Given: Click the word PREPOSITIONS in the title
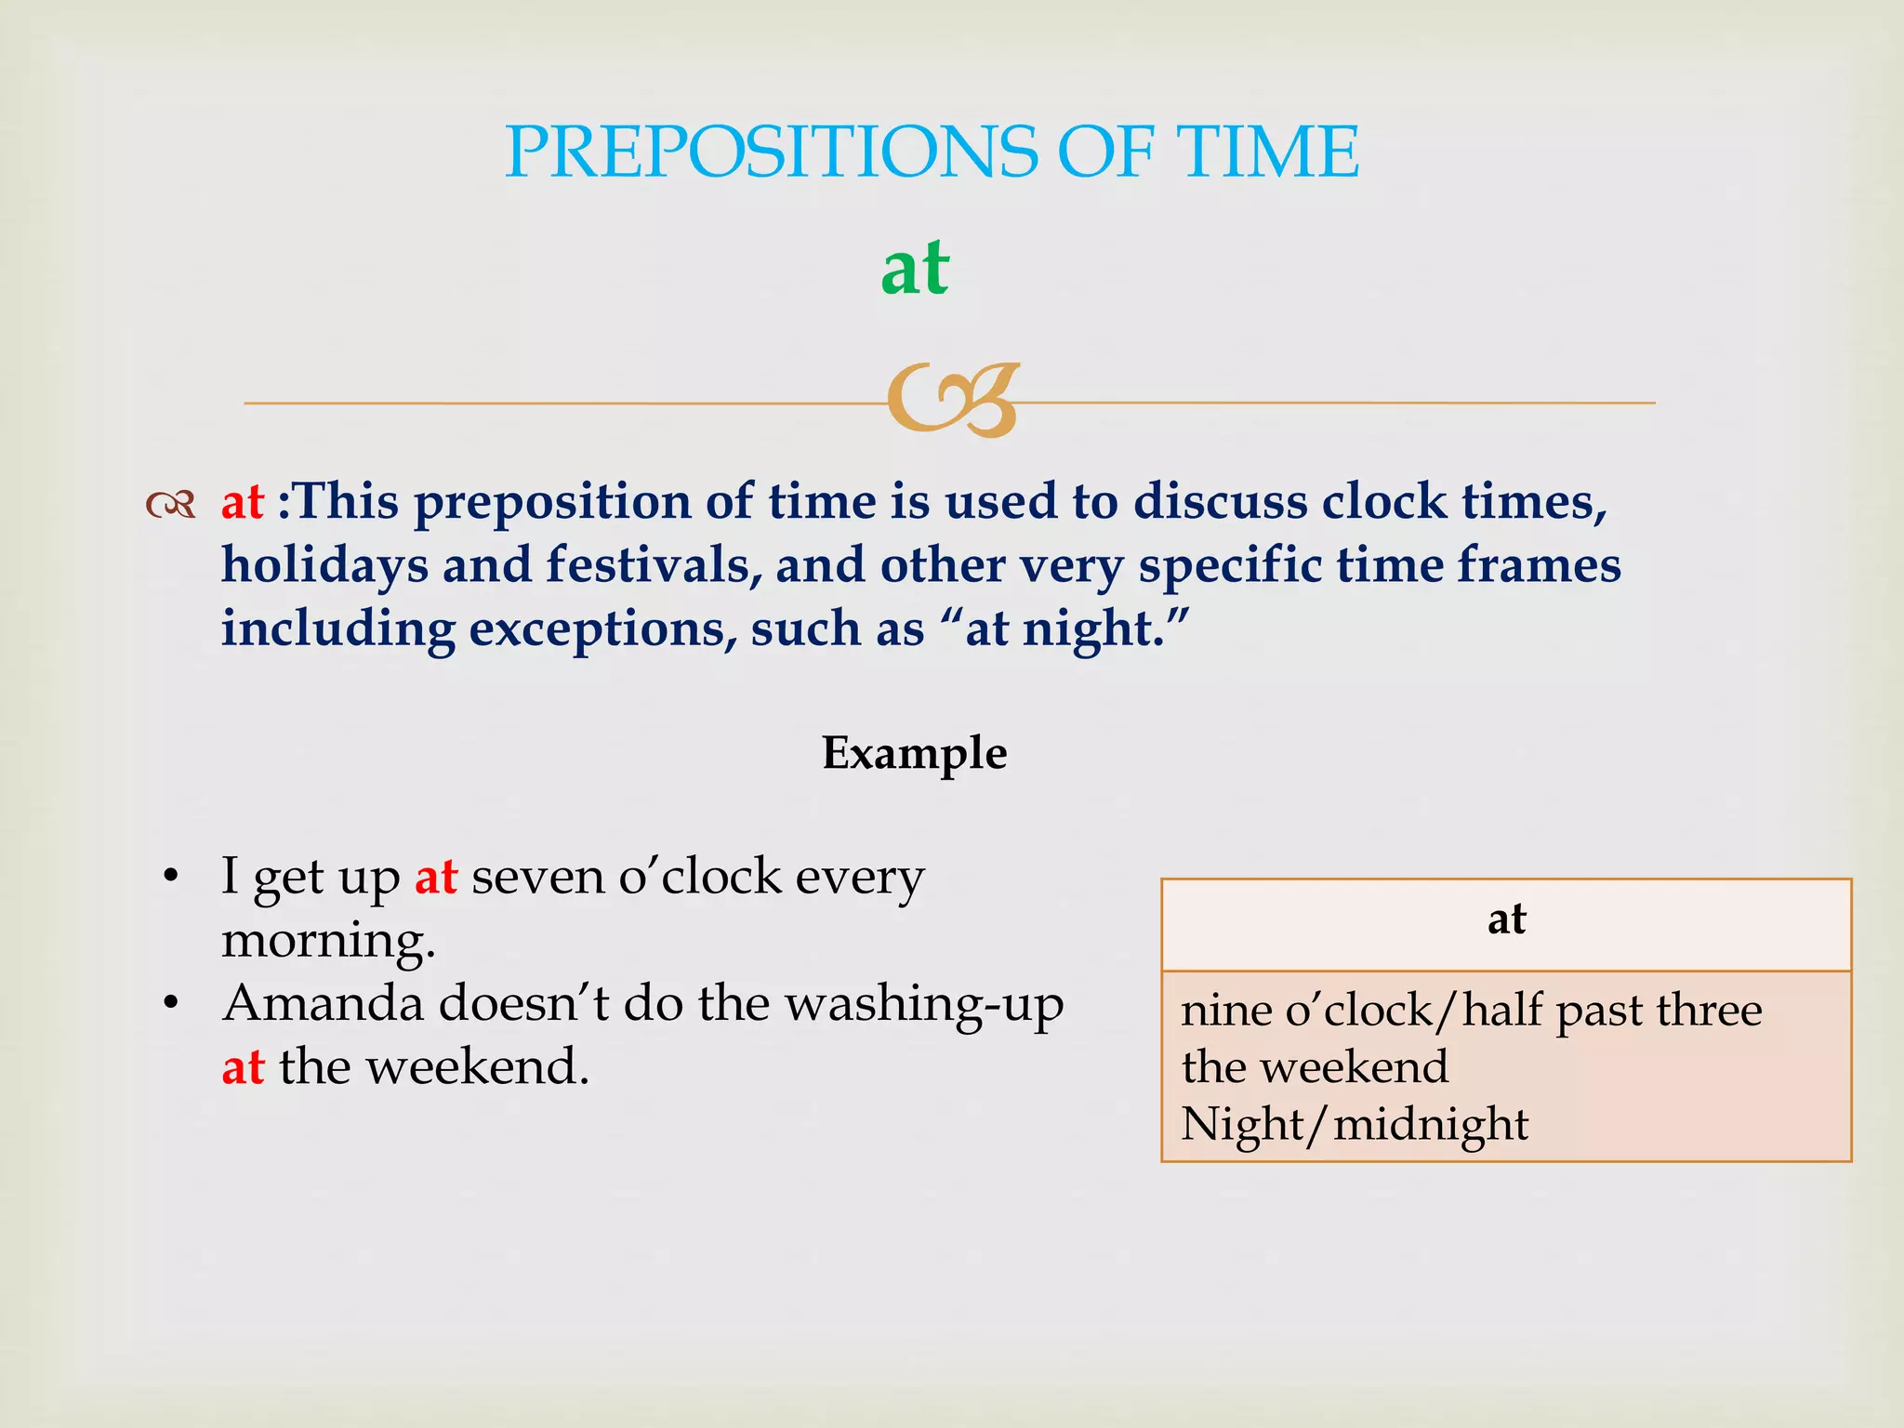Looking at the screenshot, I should point(770,152).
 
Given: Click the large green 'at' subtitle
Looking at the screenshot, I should point(915,269).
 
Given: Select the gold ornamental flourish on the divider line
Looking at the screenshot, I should point(952,401).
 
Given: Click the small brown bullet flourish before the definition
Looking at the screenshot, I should point(171,505).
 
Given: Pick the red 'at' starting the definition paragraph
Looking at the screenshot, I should point(243,502).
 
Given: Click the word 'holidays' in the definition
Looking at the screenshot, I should point(324,565).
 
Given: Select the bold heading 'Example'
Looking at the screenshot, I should point(914,753).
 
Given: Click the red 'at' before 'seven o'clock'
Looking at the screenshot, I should point(435,877).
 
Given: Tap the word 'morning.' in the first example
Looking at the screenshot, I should point(328,941).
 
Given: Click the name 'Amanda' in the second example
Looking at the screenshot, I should point(323,1004).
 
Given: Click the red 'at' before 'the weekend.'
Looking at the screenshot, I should point(243,1067).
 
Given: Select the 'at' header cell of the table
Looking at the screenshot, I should point(1506,920).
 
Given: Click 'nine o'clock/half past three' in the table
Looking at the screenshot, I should point(1471,1011).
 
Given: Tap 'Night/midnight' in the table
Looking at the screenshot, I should point(1355,1125).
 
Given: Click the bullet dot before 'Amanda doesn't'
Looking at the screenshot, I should point(169,1005).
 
